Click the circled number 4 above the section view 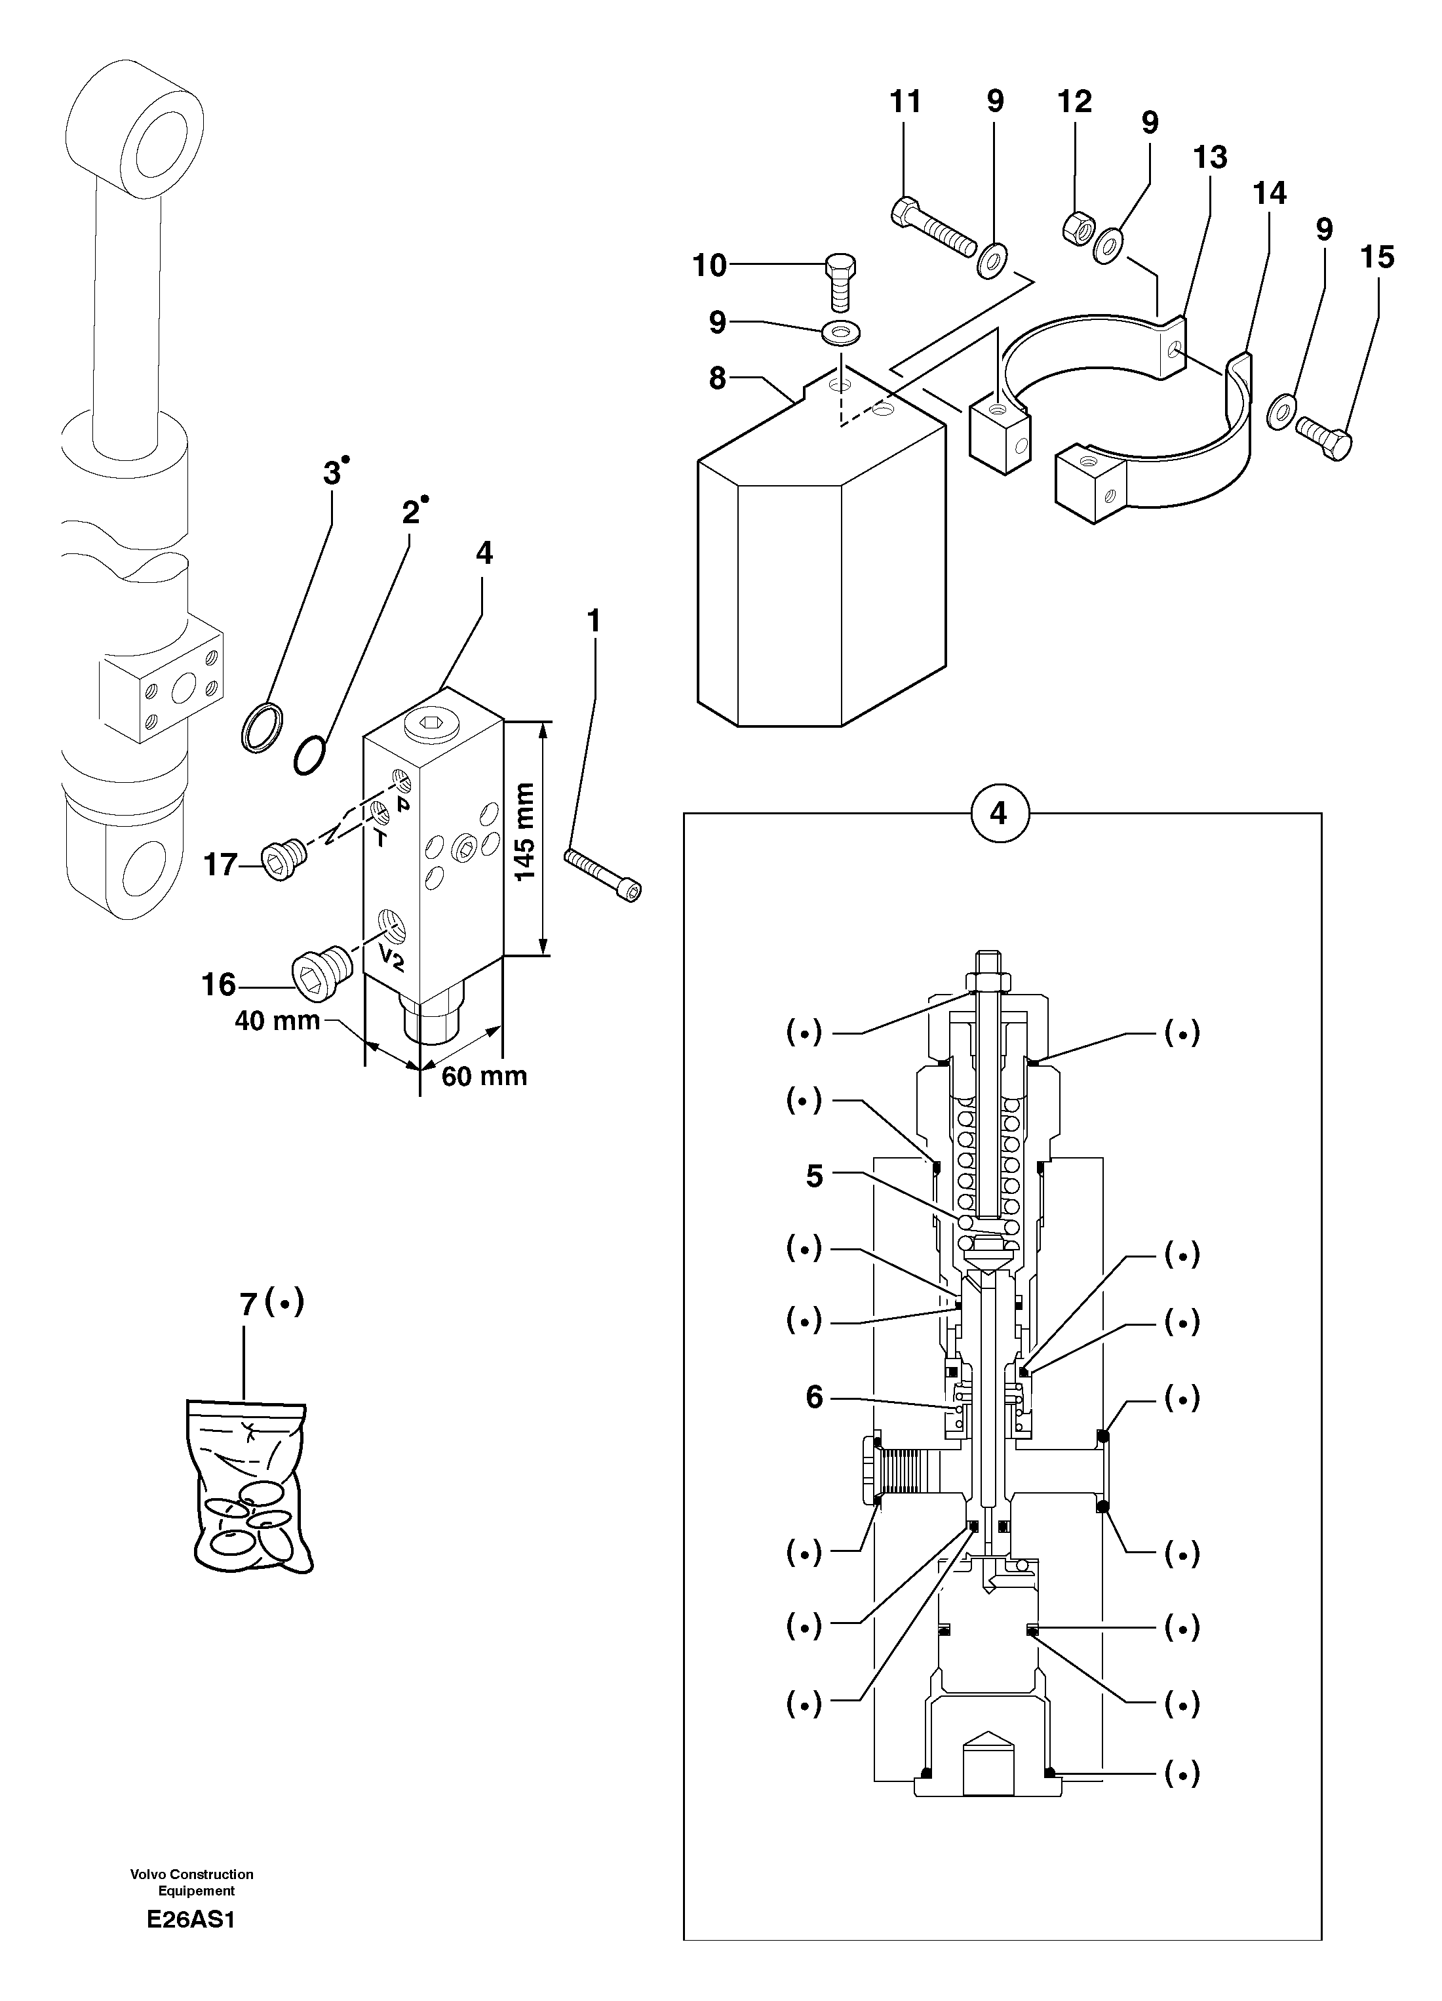pos(998,812)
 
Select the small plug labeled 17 pos(283,858)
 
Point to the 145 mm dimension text pos(525,831)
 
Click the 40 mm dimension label pos(277,1021)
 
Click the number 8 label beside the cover pos(717,378)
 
